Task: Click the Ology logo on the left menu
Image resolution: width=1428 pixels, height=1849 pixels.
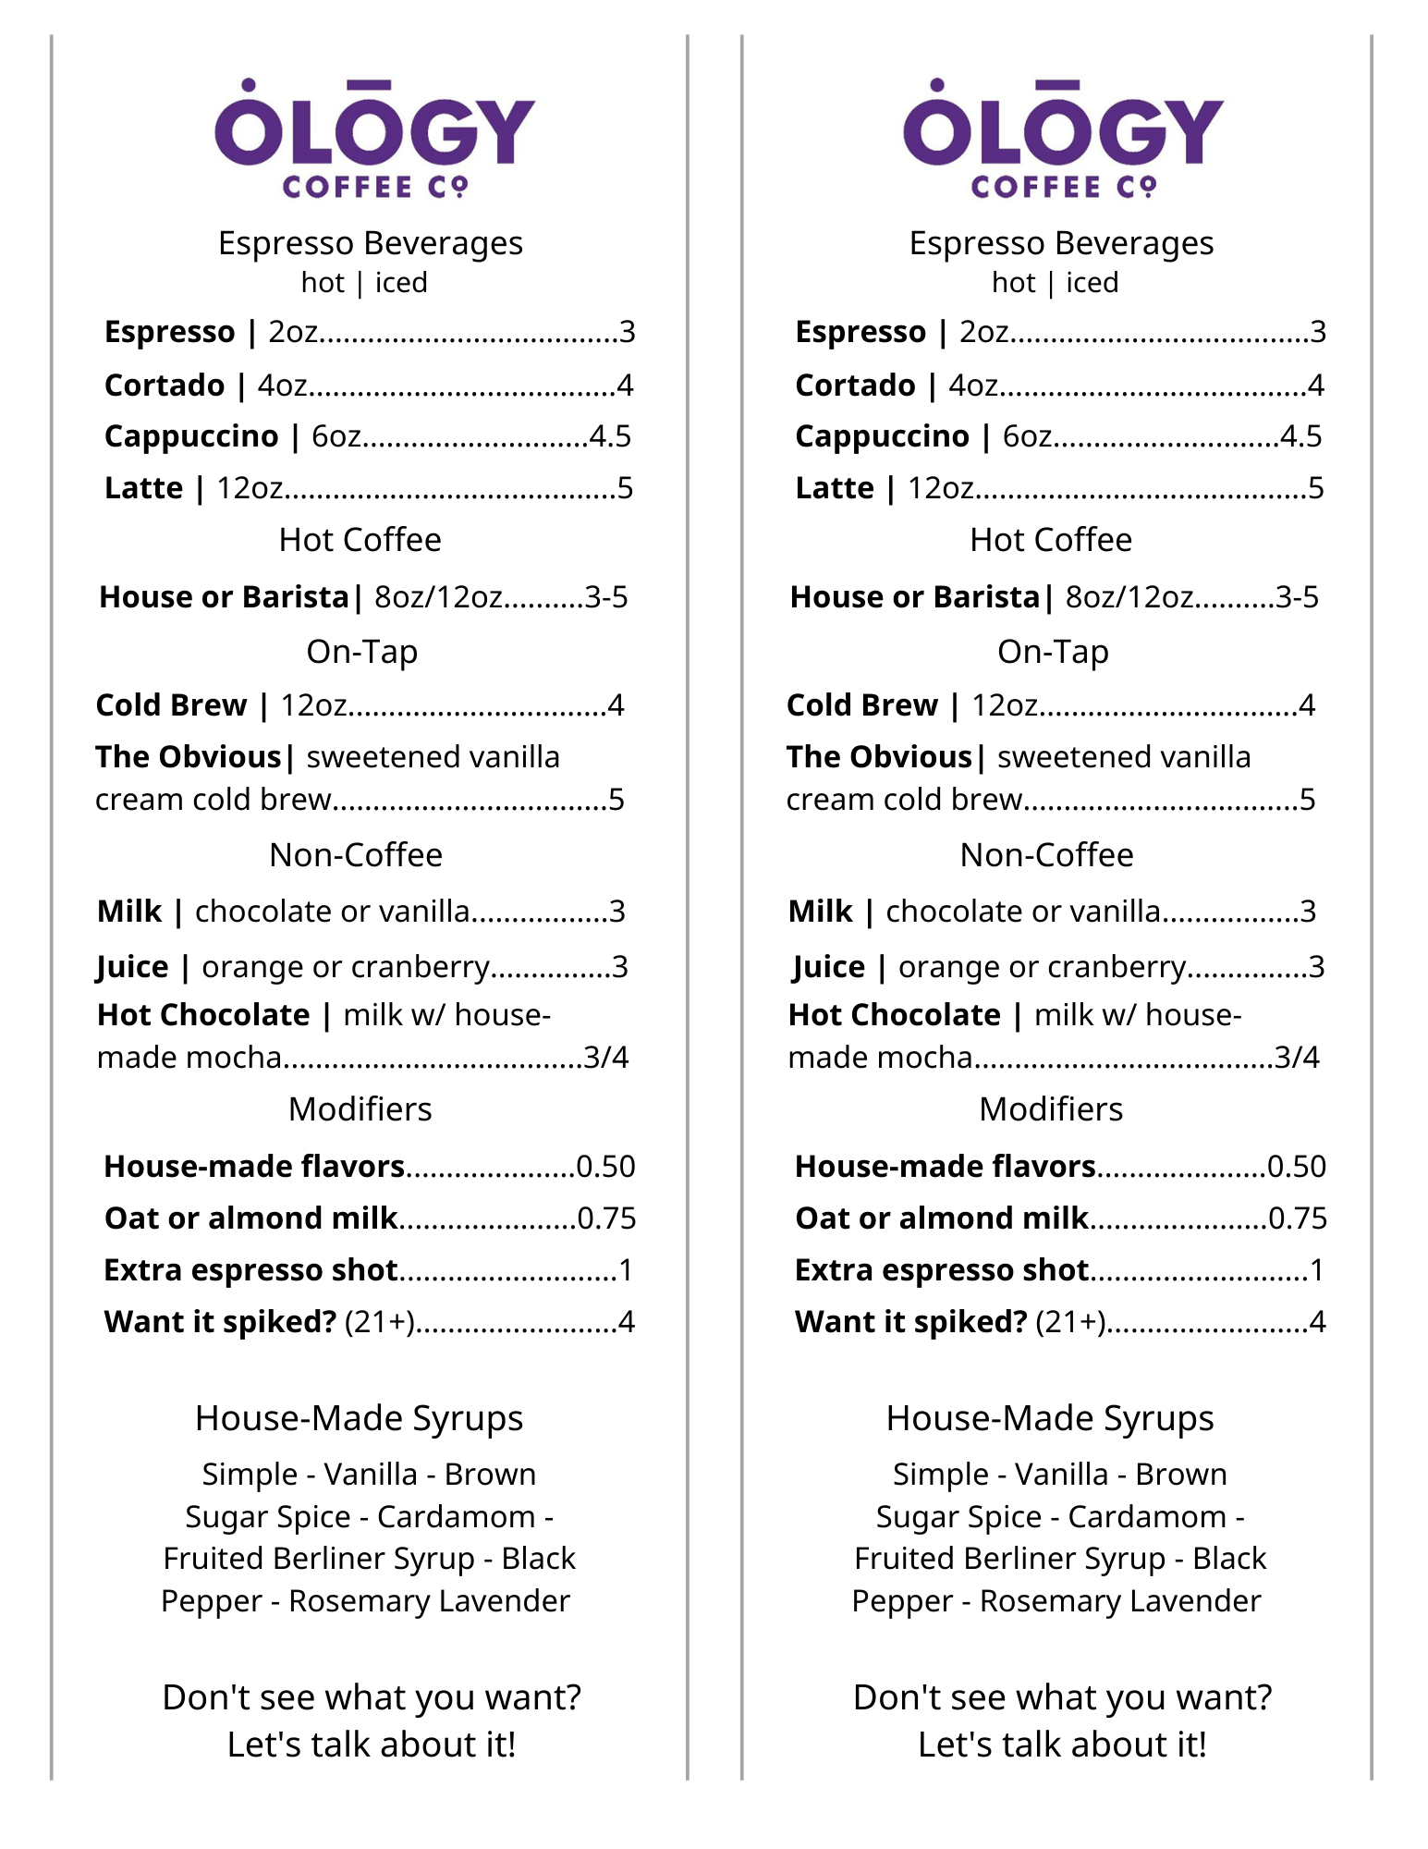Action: (x=374, y=139)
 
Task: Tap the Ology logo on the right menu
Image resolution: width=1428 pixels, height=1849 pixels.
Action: (x=1063, y=139)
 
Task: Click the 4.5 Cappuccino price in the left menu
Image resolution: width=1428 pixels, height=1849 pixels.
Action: (x=610, y=436)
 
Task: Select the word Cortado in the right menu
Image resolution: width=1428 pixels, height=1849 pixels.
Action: (x=855, y=386)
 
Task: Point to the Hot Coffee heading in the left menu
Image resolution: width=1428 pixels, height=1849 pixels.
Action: (x=360, y=540)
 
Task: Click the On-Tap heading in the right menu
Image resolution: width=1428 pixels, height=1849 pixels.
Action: (x=1053, y=652)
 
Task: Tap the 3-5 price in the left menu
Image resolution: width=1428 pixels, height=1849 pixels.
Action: (x=606, y=597)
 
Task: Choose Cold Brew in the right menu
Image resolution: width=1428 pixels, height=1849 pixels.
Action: (x=861, y=705)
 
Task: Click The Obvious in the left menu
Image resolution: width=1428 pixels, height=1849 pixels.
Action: (x=188, y=757)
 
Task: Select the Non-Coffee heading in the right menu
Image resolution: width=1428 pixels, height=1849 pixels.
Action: (x=1046, y=855)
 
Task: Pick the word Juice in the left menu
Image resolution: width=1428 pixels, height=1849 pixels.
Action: (x=133, y=967)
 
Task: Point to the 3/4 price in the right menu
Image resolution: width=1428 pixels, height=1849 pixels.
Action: (x=1297, y=1057)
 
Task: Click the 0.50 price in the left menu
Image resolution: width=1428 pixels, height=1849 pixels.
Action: (x=605, y=1167)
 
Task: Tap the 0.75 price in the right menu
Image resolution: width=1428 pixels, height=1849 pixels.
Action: (x=1298, y=1218)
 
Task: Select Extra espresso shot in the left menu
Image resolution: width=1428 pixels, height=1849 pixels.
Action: (x=250, y=1270)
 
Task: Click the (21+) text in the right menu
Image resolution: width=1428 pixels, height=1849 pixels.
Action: (x=1070, y=1322)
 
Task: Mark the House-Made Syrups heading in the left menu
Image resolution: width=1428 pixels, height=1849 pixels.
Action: (x=359, y=1418)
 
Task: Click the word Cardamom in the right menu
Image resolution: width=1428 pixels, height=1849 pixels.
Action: (x=1147, y=1517)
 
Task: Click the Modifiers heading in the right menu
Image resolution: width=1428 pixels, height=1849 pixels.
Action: (x=1051, y=1109)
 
